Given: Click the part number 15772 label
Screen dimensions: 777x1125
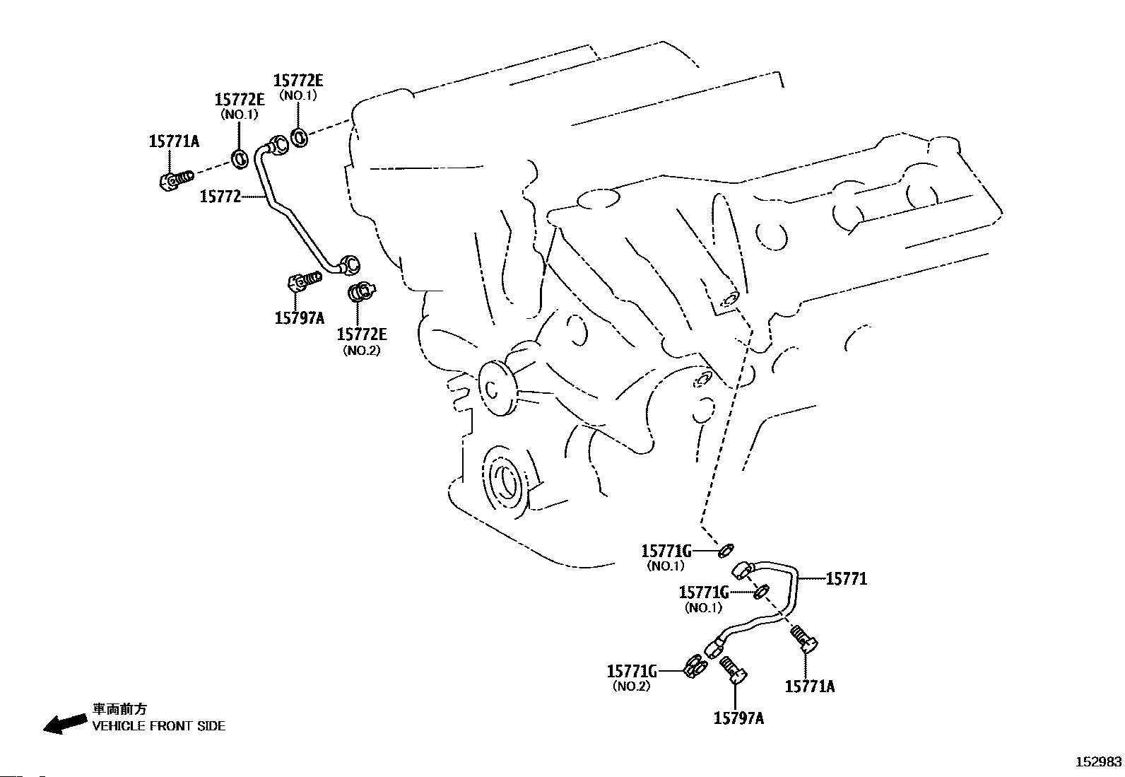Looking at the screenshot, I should [x=220, y=197].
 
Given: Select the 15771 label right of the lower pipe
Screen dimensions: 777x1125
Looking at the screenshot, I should [x=846, y=579].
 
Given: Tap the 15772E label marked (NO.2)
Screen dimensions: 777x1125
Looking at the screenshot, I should [x=362, y=334].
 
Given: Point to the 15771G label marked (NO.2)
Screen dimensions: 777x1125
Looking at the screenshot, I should [x=632, y=670].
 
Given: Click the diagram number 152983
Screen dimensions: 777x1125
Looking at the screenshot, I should [x=1098, y=762].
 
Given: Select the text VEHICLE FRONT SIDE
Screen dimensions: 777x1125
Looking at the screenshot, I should [x=159, y=726].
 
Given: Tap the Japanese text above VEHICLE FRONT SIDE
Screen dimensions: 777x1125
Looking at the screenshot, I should [x=119, y=709].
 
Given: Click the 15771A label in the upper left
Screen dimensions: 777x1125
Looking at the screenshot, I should [x=174, y=141].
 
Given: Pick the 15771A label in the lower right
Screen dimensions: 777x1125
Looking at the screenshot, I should [x=810, y=686].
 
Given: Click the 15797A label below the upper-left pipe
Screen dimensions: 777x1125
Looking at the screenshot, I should [x=299, y=317].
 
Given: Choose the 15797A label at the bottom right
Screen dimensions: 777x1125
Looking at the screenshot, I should [x=738, y=718].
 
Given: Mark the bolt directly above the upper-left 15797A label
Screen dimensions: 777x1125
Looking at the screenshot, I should [x=303, y=284].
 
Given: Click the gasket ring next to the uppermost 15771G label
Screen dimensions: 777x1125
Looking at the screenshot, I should [x=726, y=549].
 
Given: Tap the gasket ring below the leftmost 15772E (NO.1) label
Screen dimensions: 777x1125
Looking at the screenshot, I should [x=240, y=158].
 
